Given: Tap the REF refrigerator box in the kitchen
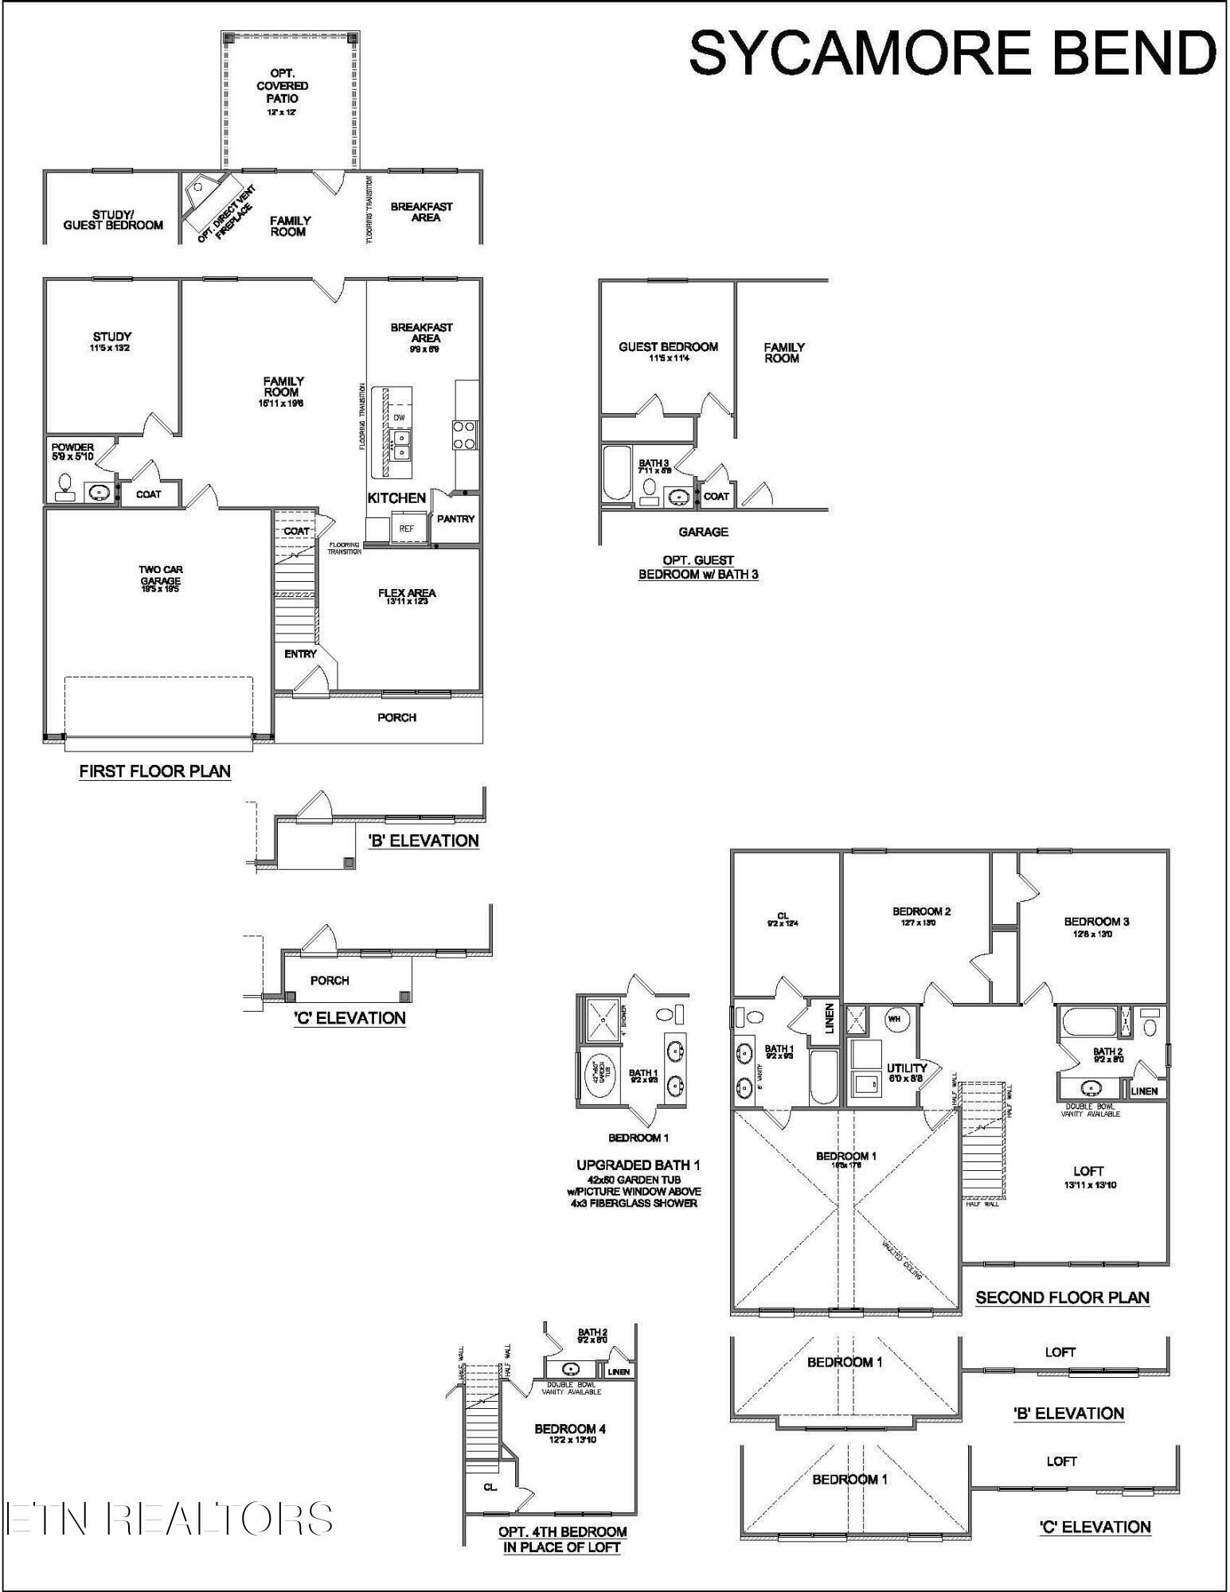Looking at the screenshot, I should [406, 529].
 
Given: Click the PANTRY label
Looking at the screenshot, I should [455, 519].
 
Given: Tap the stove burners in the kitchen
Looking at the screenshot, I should [464, 435].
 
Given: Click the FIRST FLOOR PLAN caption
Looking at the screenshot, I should [155, 771].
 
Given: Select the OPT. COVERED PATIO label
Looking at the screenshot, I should [283, 86].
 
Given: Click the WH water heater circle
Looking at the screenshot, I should [894, 1018].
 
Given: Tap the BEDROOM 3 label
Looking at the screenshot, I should [1096, 922].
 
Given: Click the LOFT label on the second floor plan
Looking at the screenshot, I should [1088, 1171].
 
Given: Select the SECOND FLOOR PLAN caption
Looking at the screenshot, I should [1062, 1297].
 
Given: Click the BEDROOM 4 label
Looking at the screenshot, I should [570, 1429].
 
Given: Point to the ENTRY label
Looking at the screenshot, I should [300, 654].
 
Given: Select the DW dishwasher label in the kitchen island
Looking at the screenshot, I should [399, 417].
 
